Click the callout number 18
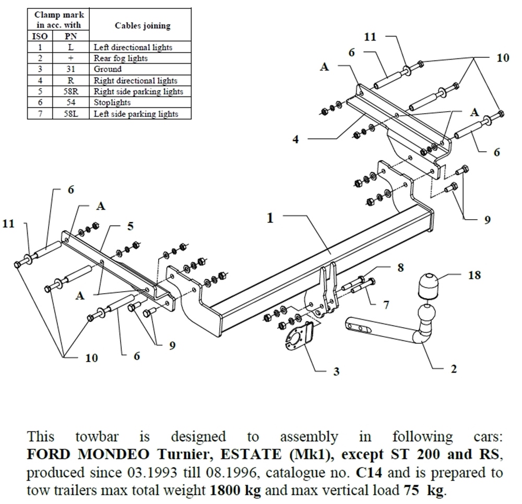click(474, 275)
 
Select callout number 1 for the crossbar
click(270, 218)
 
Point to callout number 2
click(453, 369)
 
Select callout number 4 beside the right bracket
click(295, 140)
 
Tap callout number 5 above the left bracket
click(130, 226)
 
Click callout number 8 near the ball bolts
click(400, 268)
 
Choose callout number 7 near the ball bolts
click(386, 305)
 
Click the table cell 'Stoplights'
click(112, 102)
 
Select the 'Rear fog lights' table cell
click(121, 58)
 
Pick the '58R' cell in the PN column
click(71, 91)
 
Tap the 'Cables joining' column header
click(143, 26)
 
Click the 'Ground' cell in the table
click(108, 69)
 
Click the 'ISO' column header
click(40, 37)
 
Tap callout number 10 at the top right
click(502, 58)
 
